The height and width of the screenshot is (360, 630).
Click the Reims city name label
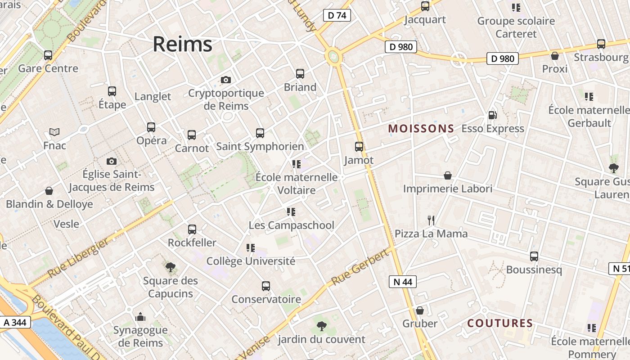coord(182,45)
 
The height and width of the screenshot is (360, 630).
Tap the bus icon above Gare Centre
coord(48,55)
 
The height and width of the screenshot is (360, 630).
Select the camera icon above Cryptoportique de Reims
coord(226,80)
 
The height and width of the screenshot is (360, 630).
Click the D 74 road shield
coord(337,15)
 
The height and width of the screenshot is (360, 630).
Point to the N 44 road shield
coord(402,282)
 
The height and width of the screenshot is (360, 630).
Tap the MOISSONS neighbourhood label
coord(421,129)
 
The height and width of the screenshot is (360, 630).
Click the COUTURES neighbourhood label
coord(500,323)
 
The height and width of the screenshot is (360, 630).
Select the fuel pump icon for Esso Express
coord(493,115)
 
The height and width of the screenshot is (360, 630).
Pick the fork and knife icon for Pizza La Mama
coord(431,220)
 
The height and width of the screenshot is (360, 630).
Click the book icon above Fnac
coord(54,132)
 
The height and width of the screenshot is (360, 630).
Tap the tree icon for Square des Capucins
coord(170,268)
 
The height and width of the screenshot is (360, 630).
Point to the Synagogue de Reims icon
coord(140,317)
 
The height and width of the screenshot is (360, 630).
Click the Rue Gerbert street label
coord(360,267)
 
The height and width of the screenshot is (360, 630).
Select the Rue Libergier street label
coord(78,258)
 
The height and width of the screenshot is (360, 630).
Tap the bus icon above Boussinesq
coord(534,256)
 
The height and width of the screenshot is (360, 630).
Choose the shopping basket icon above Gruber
coord(419,310)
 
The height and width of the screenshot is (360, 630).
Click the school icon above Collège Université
coord(251,247)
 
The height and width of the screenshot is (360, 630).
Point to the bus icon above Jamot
coord(359,147)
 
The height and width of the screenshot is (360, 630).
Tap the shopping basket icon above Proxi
coord(555,56)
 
